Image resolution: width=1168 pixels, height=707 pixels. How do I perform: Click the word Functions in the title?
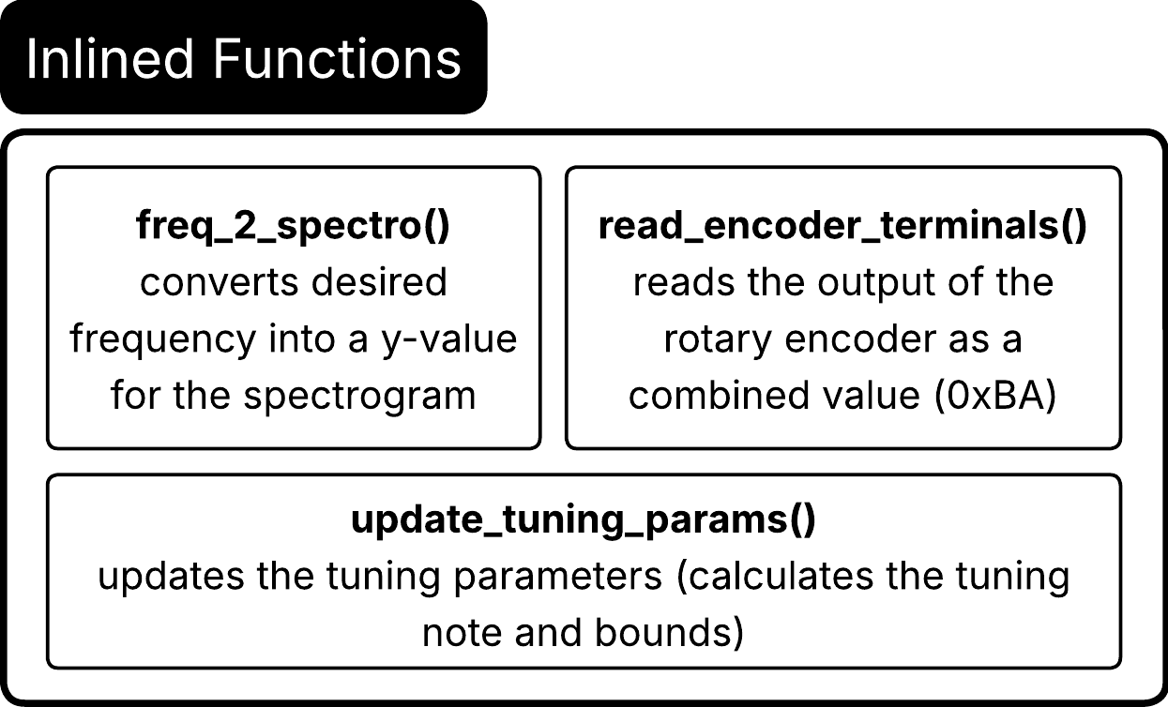point(337,59)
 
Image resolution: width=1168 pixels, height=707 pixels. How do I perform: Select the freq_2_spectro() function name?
point(293,226)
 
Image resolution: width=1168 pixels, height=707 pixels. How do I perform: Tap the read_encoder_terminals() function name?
point(842,226)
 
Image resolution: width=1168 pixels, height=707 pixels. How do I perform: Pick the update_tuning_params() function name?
point(583,520)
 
